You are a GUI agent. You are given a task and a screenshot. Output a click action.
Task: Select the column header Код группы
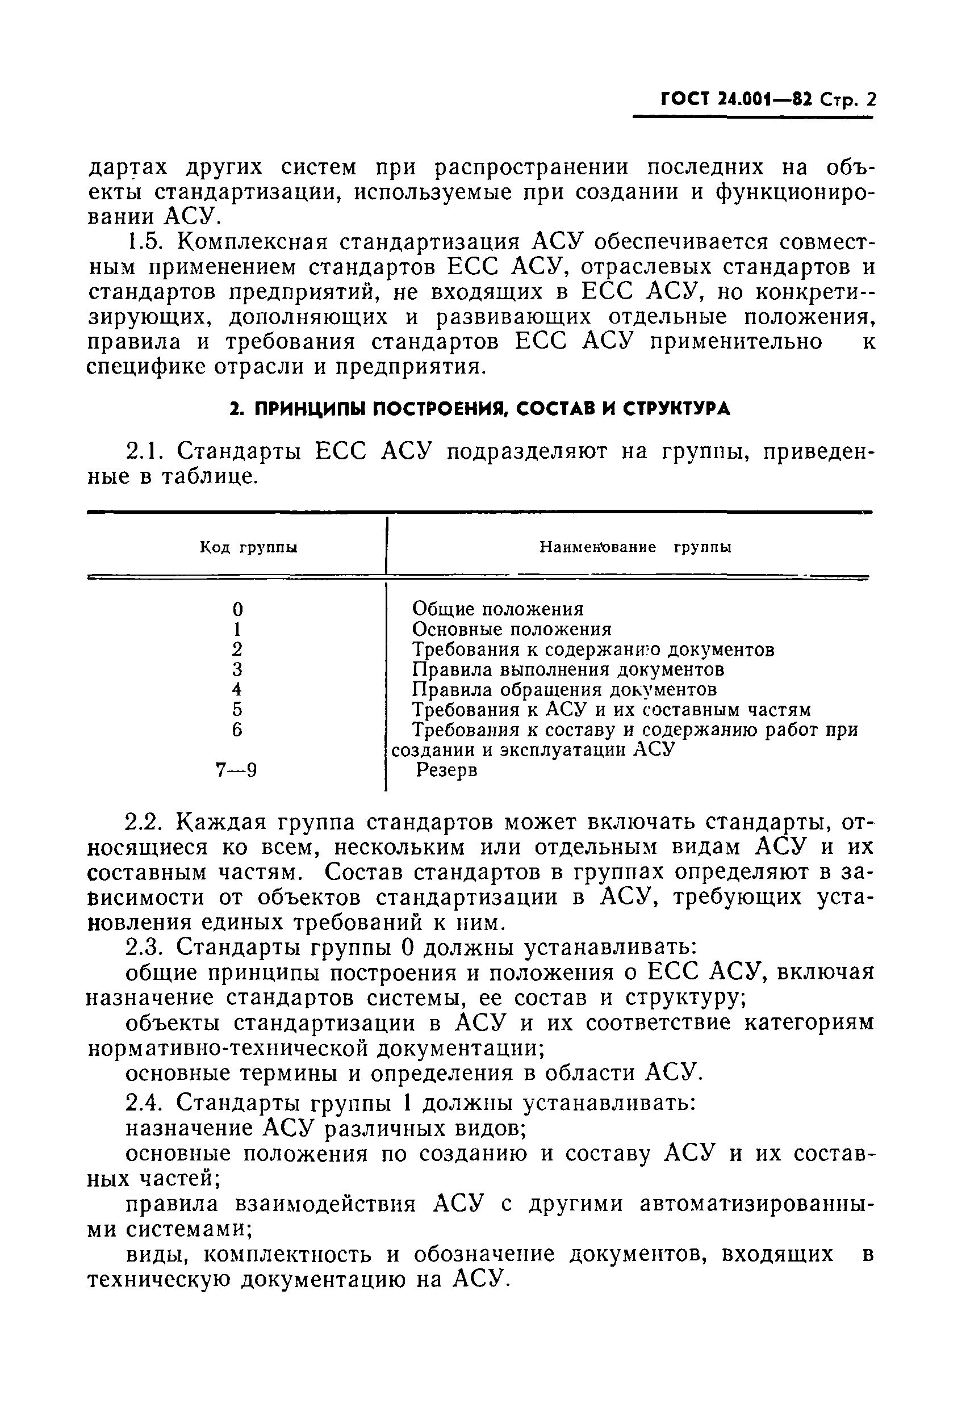249,548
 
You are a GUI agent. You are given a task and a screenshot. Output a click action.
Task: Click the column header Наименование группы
635,547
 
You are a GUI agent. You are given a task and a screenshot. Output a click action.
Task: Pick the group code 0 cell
237,608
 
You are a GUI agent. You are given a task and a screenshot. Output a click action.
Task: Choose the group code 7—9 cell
236,770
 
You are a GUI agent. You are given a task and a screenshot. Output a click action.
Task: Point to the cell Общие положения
497,608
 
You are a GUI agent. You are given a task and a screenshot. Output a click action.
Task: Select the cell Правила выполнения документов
568,669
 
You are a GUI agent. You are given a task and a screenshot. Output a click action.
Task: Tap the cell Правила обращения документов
564,689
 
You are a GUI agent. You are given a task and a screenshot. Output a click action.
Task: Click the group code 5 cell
237,710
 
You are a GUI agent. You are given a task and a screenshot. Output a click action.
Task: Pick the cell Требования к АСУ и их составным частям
611,710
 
